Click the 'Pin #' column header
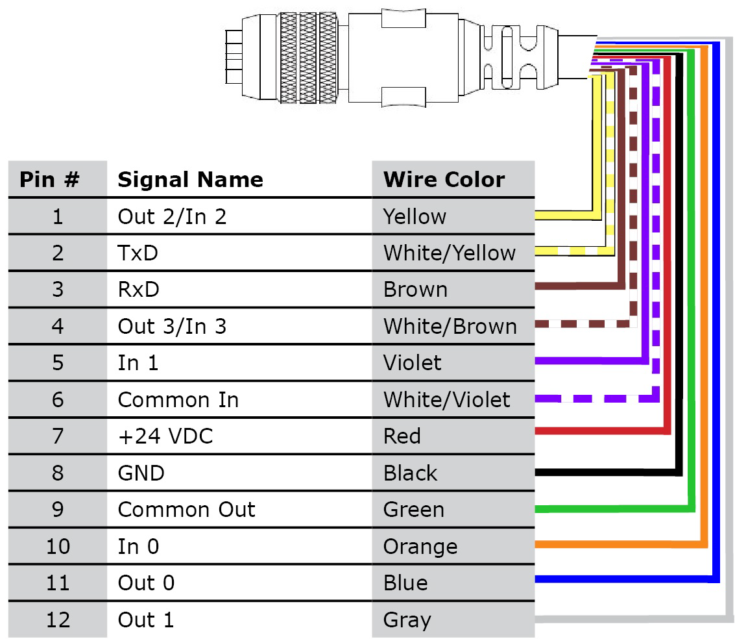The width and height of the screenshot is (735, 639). click(x=49, y=179)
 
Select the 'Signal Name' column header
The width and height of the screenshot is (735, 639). click(x=190, y=179)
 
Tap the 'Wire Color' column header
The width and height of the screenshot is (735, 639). click(x=444, y=179)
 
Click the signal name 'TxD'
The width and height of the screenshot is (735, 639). click(x=138, y=253)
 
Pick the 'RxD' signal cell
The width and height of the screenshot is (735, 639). click(x=138, y=289)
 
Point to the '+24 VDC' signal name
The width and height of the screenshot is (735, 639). click(x=165, y=436)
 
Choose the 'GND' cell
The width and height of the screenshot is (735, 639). click(x=141, y=473)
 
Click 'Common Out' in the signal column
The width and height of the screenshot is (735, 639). click(x=186, y=510)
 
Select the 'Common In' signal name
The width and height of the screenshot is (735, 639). click(x=178, y=399)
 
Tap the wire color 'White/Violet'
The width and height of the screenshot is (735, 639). click(x=446, y=399)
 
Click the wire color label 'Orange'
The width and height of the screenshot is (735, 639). click(x=420, y=547)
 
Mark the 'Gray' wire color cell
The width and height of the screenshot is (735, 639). click(x=407, y=620)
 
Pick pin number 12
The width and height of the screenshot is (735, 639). click(x=58, y=620)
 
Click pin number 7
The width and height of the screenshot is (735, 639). click(x=58, y=436)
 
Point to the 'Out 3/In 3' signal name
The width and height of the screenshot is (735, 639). click(x=172, y=326)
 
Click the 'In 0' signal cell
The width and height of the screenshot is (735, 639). click(x=138, y=547)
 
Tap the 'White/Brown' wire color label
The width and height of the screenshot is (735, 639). click(x=450, y=326)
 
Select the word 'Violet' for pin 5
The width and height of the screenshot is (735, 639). click(x=412, y=362)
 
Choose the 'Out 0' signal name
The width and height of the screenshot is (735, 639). click(x=146, y=583)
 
